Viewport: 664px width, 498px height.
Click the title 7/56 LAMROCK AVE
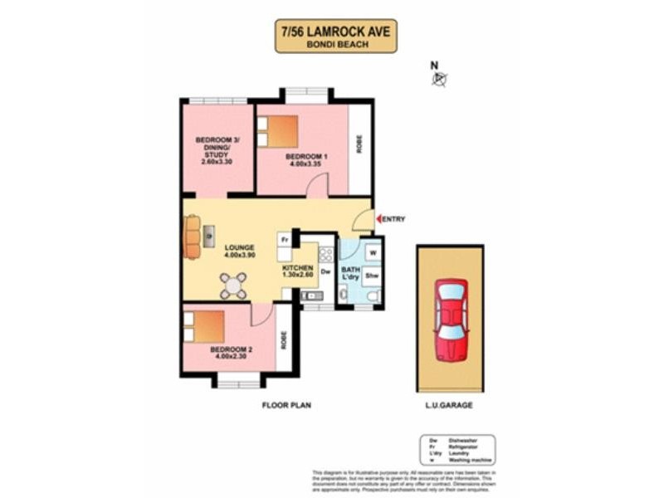point(335,31)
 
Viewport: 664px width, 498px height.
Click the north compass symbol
point(439,79)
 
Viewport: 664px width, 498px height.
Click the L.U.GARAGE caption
point(450,406)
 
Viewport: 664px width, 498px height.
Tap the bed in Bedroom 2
point(204,326)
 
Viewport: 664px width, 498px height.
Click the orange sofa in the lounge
point(193,237)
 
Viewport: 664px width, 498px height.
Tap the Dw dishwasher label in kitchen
point(325,271)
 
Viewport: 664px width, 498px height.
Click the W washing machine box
point(373,252)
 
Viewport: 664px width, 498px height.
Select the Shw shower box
point(372,276)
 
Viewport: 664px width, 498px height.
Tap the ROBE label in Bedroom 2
point(284,338)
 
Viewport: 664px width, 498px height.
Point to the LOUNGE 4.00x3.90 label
point(239,251)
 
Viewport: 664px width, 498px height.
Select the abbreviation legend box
point(457,450)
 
